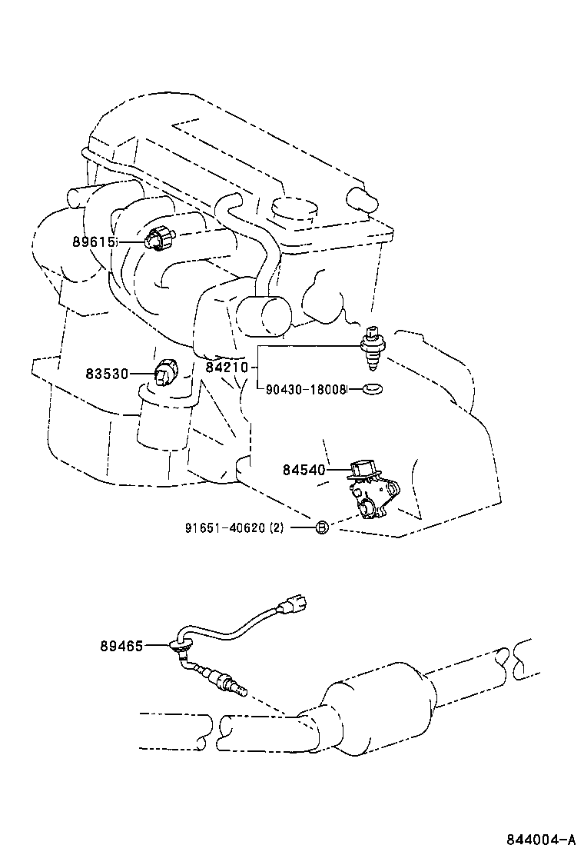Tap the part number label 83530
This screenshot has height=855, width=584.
(106, 374)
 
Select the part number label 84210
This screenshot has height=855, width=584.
(227, 368)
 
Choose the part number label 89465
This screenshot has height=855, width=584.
(121, 647)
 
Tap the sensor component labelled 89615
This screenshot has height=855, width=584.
(158, 239)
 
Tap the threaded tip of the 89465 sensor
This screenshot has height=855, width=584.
(239, 690)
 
